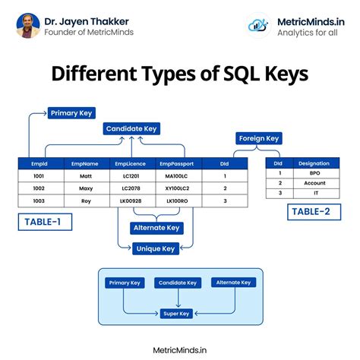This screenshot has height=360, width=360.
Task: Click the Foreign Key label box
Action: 259,138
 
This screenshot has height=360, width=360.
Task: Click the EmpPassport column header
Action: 176,163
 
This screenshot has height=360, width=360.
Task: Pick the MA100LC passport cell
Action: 176,175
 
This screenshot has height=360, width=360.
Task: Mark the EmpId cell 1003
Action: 39,201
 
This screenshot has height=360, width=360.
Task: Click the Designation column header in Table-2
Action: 314,163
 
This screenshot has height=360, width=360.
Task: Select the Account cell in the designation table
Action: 314,183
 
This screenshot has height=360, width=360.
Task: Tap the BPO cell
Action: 314,173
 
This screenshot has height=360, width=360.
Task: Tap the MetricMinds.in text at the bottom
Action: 180,349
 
